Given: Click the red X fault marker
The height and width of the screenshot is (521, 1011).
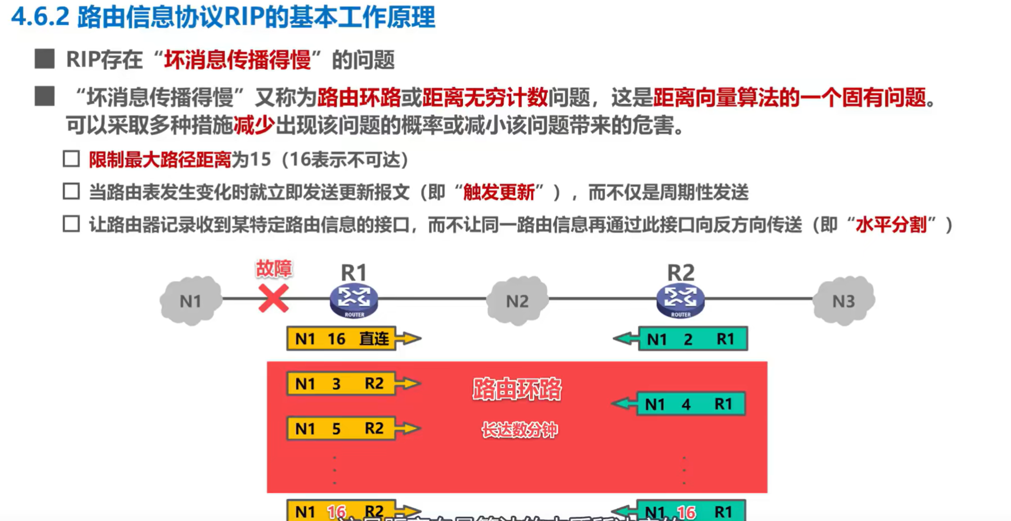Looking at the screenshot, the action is [273, 299].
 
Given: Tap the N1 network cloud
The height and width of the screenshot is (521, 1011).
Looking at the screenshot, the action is [191, 301].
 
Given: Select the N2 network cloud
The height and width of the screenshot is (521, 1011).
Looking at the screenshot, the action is [517, 301].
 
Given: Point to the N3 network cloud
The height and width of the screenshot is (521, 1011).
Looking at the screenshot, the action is [844, 301].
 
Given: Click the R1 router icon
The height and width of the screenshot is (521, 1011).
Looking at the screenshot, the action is [354, 300].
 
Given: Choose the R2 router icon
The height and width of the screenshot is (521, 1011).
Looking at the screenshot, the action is [680, 300].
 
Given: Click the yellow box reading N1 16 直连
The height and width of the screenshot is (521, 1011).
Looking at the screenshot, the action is [341, 339].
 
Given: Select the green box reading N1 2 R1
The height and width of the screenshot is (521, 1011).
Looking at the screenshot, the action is [693, 339].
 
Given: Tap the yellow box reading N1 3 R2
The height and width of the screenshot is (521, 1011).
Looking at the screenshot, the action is [341, 384].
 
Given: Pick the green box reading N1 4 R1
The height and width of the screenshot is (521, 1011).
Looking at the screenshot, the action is [690, 404].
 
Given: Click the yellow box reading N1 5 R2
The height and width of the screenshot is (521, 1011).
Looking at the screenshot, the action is [341, 429].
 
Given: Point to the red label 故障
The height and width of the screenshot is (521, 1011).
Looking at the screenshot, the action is [274, 269].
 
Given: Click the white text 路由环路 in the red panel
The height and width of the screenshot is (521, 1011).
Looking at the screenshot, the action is [517, 389].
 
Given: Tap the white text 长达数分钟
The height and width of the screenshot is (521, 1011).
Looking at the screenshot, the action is [519, 430].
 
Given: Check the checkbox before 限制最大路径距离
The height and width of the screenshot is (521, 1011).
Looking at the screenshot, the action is [71, 159].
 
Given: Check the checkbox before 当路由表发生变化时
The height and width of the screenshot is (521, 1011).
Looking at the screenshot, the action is [71, 191].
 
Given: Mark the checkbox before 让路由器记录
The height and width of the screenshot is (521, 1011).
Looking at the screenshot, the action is [71, 224].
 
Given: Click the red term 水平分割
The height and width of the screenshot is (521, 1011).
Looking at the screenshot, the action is [891, 225].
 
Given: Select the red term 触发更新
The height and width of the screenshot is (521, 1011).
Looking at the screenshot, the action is [499, 192].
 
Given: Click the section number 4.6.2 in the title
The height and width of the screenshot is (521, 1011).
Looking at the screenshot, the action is [40, 17].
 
